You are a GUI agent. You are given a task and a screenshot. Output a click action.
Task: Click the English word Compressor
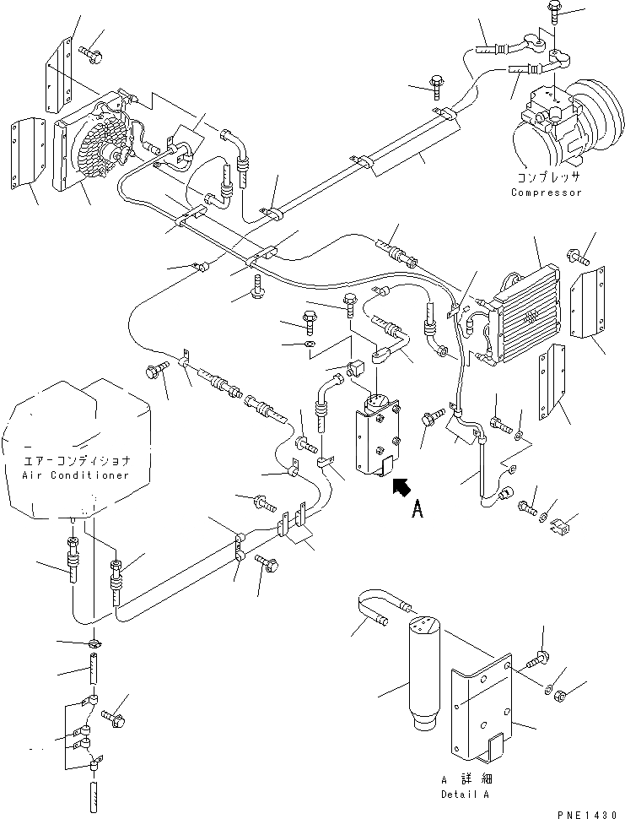(547, 193)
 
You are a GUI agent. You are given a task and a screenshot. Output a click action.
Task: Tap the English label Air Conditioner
(76, 475)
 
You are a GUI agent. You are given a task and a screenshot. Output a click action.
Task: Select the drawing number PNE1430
(590, 814)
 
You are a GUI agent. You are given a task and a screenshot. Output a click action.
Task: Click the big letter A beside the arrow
(418, 509)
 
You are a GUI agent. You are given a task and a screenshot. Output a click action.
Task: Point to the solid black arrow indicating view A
(401, 487)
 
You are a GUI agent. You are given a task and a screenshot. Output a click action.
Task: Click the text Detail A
(466, 795)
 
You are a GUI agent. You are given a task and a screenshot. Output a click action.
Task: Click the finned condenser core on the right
(528, 316)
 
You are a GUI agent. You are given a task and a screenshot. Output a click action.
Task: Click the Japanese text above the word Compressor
(547, 177)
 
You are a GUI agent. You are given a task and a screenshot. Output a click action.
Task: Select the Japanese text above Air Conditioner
(77, 461)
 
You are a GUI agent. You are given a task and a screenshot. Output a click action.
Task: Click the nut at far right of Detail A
(562, 695)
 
